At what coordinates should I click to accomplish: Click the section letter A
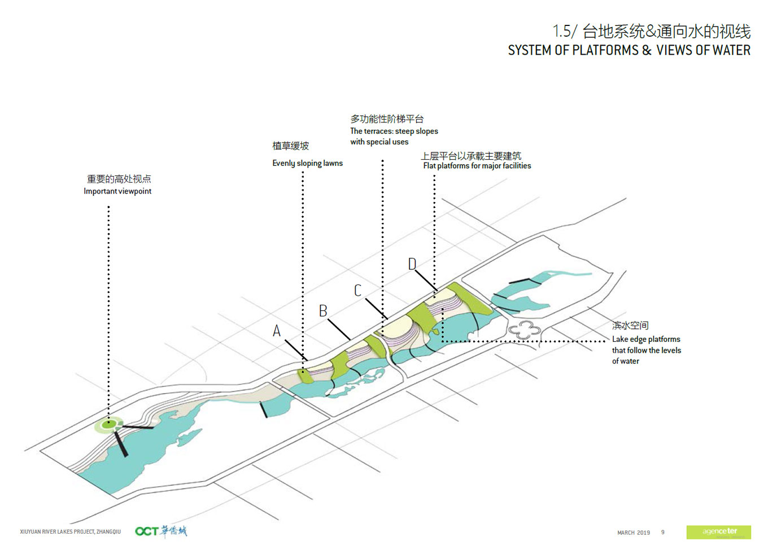coord(277,331)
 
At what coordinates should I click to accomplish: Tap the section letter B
coord(323,311)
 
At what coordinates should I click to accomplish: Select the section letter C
coord(357,291)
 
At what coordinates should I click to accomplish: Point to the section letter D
coord(412,264)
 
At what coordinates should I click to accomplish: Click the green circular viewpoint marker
coord(110,424)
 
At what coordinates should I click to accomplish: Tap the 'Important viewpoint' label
coord(117,191)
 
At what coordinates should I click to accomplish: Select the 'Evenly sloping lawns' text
coord(307,163)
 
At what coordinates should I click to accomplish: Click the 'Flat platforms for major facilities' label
coord(477,166)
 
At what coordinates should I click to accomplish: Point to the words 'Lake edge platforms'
coord(646,339)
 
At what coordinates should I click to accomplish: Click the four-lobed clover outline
coord(525,330)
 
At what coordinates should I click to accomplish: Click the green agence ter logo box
coord(718,531)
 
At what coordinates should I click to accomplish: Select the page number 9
coord(663,532)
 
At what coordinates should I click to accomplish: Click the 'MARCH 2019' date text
coord(634,532)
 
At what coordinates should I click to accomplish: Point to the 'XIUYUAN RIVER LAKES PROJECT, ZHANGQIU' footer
coord(71,531)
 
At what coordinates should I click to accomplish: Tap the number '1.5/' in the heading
coord(564,31)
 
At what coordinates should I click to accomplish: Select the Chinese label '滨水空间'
coord(630,326)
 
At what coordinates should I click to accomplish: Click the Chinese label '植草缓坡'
coord(290,146)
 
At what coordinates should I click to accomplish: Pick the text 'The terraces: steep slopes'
coord(394,131)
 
